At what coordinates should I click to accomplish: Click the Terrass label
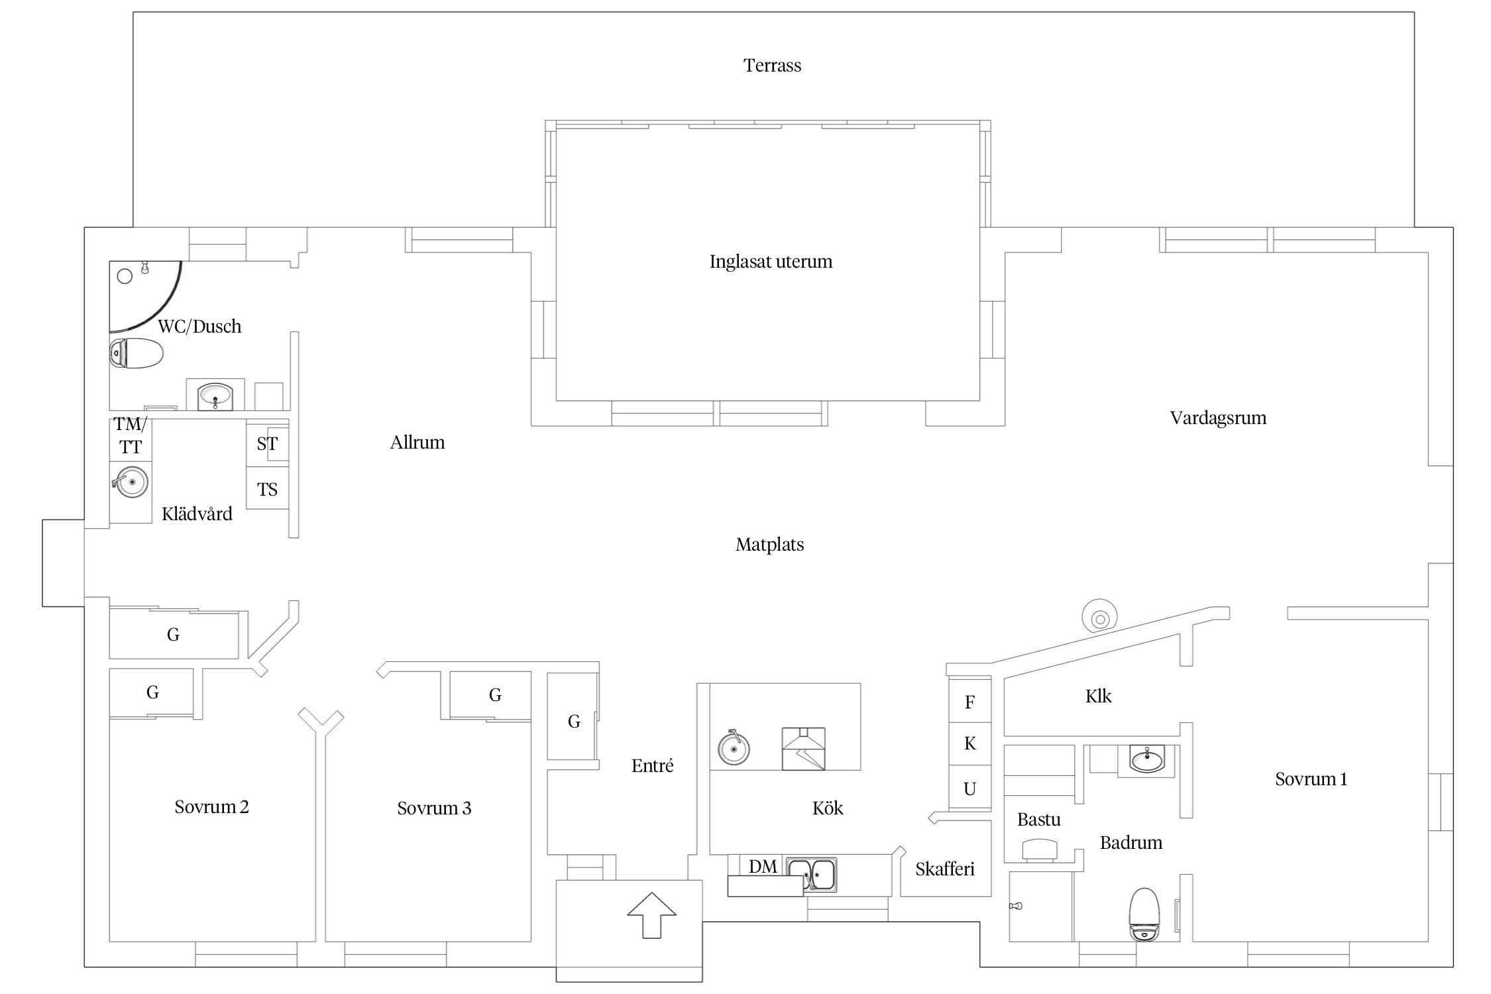(772, 66)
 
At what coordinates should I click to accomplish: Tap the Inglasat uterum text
(771, 262)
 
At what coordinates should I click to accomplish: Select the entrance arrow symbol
(652, 915)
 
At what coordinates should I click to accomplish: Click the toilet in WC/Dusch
(136, 353)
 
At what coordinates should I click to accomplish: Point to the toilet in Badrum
(1145, 914)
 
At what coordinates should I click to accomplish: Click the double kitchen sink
(812, 875)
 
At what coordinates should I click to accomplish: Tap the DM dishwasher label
(763, 867)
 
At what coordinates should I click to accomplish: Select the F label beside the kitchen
(969, 702)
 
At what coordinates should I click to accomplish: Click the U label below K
(969, 789)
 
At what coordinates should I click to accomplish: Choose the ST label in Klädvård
(267, 444)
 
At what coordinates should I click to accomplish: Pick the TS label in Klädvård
(267, 490)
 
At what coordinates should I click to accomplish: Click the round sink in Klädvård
(131, 482)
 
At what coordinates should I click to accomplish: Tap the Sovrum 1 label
(1311, 779)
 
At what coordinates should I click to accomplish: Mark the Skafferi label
(945, 869)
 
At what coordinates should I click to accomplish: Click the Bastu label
(1038, 820)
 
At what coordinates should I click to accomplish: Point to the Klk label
(1098, 696)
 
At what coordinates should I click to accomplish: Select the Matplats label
(769, 545)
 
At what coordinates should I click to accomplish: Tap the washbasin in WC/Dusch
(215, 396)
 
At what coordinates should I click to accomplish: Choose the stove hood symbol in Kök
(803, 749)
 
